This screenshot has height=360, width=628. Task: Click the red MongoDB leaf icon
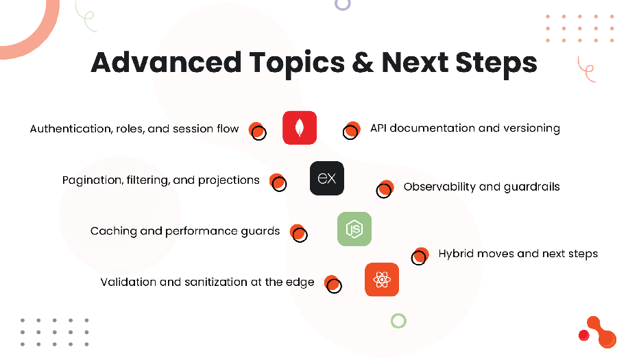pyautogui.click(x=300, y=128)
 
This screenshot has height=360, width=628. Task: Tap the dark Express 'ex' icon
pyautogui.click(x=327, y=178)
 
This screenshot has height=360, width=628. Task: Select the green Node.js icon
pyautogui.click(x=354, y=229)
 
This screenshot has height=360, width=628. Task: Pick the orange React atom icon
pyautogui.click(x=382, y=279)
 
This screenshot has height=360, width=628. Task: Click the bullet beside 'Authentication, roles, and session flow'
pyautogui.click(x=257, y=130)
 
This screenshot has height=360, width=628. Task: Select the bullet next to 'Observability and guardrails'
pyautogui.click(x=385, y=189)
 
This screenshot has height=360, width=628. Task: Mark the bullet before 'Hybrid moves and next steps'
pyautogui.click(x=420, y=256)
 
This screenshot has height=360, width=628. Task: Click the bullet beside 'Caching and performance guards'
pyautogui.click(x=298, y=233)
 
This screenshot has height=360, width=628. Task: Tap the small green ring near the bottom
pyautogui.click(x=398, y=320)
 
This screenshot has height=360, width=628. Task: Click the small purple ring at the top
pyautogui.click(x=343, y=3)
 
